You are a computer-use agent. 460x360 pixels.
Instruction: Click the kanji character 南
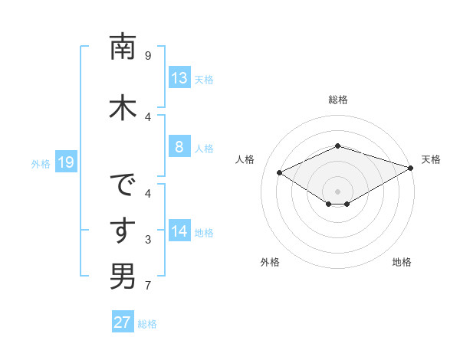pyautogui.click(x=123, y=47)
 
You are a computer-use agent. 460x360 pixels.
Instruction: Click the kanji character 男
pyautogui.click(x=123, y=276)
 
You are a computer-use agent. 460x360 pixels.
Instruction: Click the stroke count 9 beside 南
pyautogui.click(x=148, y=56)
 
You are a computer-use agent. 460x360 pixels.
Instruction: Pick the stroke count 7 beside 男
pyautogui.click(x=148, y=286)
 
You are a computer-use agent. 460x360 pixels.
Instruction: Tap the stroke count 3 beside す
pyautogui.click(x=148, y=241)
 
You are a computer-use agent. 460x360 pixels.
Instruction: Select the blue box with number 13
pyautogui.click(x=179, y=78)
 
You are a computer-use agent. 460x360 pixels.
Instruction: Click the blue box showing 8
pyautogui.click(x=179, y=147)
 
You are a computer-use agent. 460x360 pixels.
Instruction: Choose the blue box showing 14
pyautogui.click(x=179, y=231)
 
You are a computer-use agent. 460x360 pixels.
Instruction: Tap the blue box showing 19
pyautogui.click(x=65, y=162)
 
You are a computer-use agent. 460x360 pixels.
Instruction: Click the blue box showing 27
pyautogui.click(x=123, y=322)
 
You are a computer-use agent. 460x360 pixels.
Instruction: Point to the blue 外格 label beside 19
pyautogui.click(x=40, y=163)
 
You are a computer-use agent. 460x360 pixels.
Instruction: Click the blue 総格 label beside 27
pyautogui.click(x=147, y=323)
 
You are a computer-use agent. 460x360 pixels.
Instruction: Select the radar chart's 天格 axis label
pyautogui.click(x=431, y=159)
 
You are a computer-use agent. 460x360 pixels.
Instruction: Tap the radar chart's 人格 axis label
pyautogui.click(x=245, y=159)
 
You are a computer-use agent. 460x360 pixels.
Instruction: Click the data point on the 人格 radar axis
pyautogui.click(x=280, y=173)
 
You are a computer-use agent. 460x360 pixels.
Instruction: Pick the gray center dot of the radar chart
pyautogui.click(x=337, y=191)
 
